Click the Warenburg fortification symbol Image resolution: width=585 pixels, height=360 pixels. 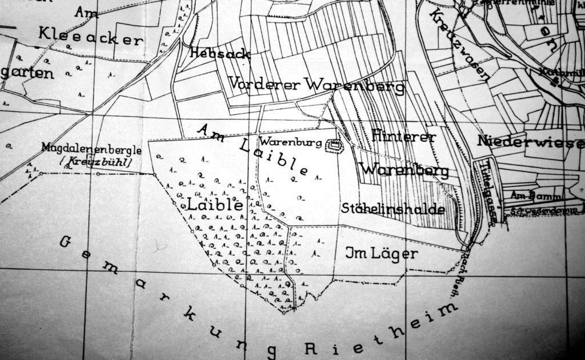pyautogui.click(x=332, y=146)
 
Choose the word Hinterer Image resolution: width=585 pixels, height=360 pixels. pyautogui.click(x=404, y=136)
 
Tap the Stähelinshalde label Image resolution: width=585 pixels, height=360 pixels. pyautogui.click(x=393, y=209)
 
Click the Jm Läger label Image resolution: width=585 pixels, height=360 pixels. pyautogui.click(x=382, y=253)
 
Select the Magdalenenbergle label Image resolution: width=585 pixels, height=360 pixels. pyautogui.click(x=91, y=149)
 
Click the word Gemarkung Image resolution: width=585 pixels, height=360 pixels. pyautogui.click(x=160, y=297)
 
